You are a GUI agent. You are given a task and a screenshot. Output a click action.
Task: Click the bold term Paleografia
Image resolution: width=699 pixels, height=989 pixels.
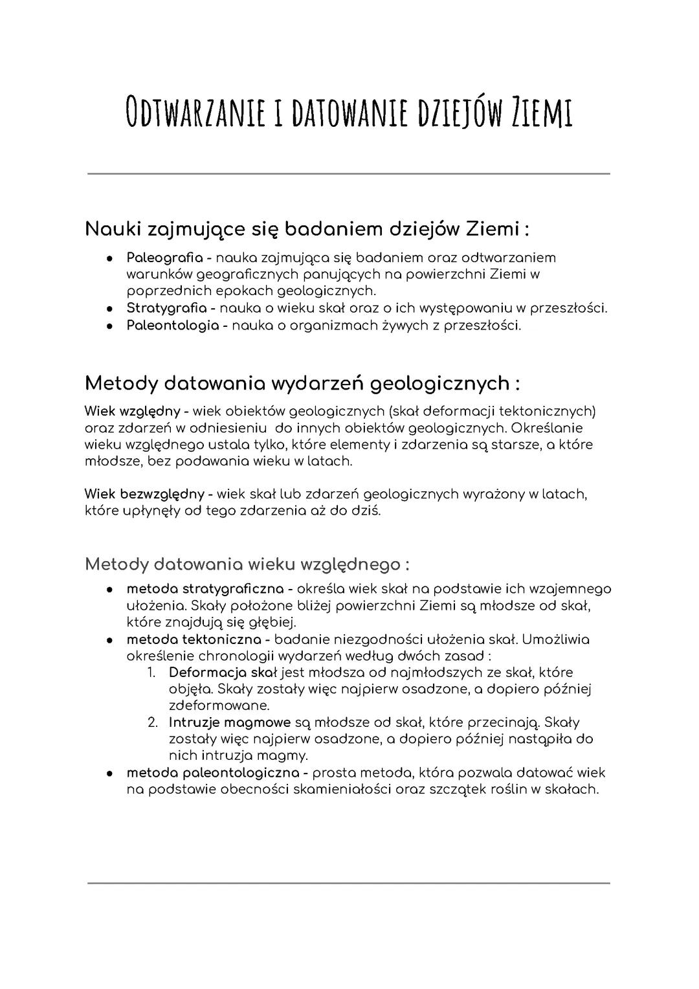pos(164,258)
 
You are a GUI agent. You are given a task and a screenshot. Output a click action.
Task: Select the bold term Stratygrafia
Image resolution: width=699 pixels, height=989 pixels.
pos(167,308)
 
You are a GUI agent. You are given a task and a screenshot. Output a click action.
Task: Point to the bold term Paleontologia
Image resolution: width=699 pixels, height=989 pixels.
pos(172,325)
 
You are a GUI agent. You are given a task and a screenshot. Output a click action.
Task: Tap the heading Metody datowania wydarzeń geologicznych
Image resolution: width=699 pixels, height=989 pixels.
pos(302,383)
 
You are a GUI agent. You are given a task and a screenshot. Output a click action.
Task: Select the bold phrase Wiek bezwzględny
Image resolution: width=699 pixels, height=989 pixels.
pos(144,494)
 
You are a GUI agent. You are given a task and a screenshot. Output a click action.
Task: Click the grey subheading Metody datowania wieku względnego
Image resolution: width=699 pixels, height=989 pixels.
pos(247,564)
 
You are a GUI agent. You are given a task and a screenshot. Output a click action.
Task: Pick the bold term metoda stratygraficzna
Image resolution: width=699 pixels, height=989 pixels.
pos(205,589)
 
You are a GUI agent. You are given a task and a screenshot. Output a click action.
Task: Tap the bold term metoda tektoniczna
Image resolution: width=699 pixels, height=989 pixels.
pos(194,639)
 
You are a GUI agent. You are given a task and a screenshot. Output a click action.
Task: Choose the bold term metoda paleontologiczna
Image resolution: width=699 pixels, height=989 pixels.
pos(213,773)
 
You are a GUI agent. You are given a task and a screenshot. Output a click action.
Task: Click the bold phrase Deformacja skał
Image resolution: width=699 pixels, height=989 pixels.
pos(223,673)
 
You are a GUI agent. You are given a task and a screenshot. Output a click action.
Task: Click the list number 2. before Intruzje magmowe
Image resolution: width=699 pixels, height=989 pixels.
pos(153,722)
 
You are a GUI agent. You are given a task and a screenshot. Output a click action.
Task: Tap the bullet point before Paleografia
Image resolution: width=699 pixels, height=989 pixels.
pos(111,258)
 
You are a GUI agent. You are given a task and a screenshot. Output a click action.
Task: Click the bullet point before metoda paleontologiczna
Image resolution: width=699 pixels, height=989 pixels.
pos(111,773)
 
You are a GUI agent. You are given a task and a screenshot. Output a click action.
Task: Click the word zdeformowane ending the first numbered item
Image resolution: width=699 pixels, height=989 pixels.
pos(219,706)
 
